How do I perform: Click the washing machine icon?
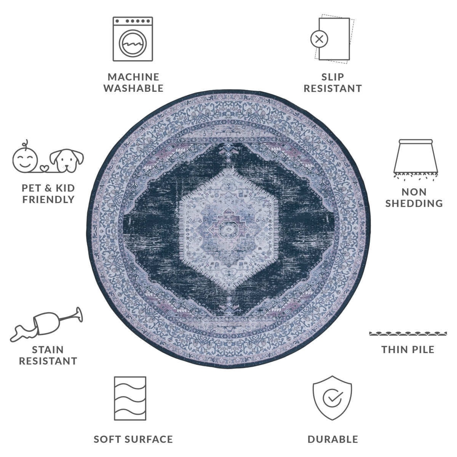(x=133, y=39)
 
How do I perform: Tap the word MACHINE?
(x=133, y=77)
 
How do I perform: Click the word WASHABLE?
(x=133, y=88)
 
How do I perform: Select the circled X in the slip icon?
(x=320, y=39)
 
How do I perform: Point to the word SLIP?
(x=332, y=77)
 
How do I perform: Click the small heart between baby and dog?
(x=44, y=168)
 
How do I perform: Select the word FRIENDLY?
(x=49, y=200)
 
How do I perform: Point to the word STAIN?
(x=48, y=350)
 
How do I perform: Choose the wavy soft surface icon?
(x=130, y=398)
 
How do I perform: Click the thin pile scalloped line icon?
(x=408, y=334)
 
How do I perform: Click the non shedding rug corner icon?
(x=415, y=160)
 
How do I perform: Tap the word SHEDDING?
(x=414, y=203)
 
